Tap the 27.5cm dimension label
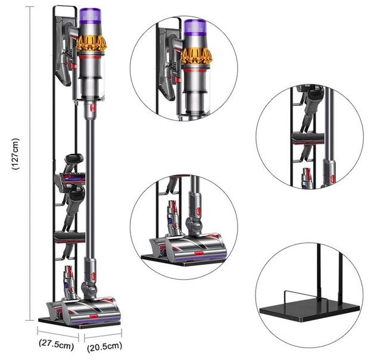[x=57, y=344]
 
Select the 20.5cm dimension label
[x=104, y=346]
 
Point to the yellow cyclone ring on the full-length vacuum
[x=92, y=43]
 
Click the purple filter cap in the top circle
[x=195, y=29]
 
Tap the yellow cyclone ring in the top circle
[x=197, y=57]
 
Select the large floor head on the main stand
[x=91, y=311]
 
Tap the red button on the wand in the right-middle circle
[x=333, y=179]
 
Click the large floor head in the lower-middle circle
[x=197, y=247]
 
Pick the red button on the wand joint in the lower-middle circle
[x=199, y=212]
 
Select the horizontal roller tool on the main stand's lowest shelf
[x=70, y=237]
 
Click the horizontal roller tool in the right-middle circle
[x=308, y=138]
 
